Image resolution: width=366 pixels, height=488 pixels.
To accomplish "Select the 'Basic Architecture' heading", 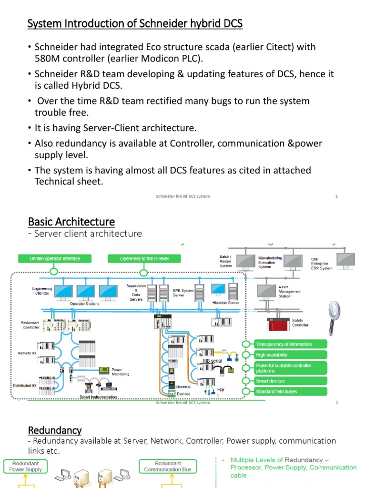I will (x=71, y=222).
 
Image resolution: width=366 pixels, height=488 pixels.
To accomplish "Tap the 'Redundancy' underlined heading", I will (x=55, y=430).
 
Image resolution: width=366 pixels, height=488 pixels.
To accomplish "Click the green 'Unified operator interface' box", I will (x=54, y=259).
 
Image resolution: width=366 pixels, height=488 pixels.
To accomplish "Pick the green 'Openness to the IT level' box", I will (x=144, y=259).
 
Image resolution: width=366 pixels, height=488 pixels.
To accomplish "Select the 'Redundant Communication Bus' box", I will (x=168, y=466).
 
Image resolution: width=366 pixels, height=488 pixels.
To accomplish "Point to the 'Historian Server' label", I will (x=226, y=303).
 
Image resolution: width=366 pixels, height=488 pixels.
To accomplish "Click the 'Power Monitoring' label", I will (x=120, y=372).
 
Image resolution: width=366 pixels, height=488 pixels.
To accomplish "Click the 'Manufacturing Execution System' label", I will (x=270, y=262).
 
